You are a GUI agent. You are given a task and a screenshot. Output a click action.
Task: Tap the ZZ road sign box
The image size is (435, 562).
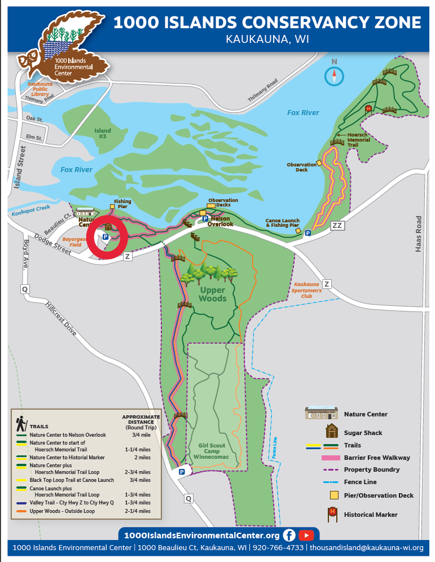coord(337,226)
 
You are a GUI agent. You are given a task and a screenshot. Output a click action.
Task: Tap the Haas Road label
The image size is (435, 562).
coord(418,234)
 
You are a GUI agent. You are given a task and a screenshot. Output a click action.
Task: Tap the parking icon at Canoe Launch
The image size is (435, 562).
coord(308,233)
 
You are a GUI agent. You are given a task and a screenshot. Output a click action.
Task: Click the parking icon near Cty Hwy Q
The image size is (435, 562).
coord(182,472)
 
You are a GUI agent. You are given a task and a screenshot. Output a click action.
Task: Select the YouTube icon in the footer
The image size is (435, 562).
coord(306,535)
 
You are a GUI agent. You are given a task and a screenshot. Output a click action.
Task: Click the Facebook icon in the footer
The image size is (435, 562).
coord(289,535)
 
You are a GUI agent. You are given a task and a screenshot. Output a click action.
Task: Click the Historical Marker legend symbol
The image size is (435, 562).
coord(333,513)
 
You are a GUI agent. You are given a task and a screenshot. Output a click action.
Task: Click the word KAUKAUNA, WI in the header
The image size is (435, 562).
coord(267,39)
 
